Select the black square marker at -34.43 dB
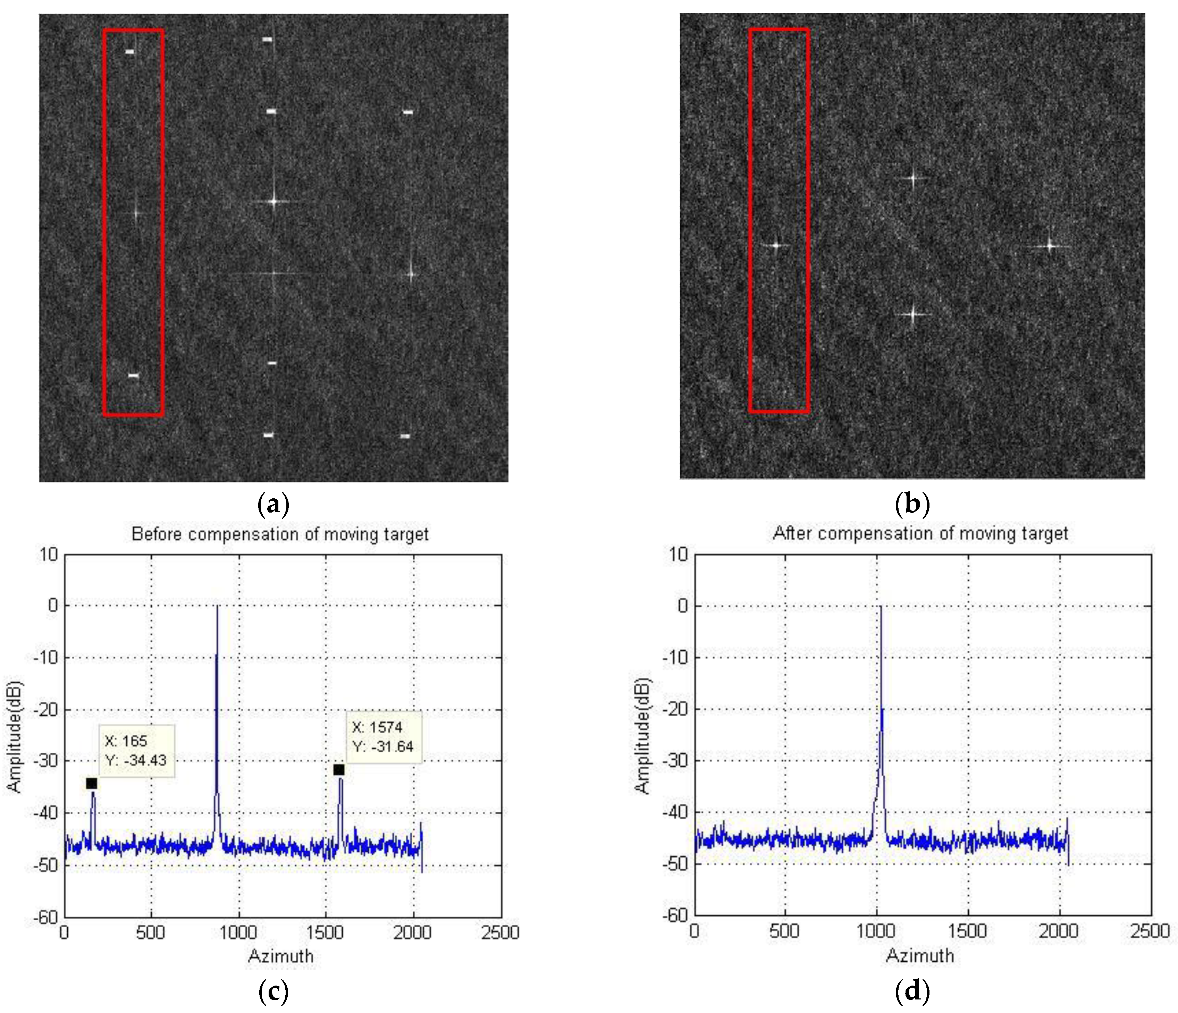coord(92,783)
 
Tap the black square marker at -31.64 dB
coord(339,770)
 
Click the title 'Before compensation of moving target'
coord(280,534)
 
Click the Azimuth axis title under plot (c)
coord(281,956)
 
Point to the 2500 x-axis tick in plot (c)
coord(500,932)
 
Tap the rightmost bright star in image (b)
coord(1050,246)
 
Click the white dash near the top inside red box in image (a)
coord(129,52)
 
